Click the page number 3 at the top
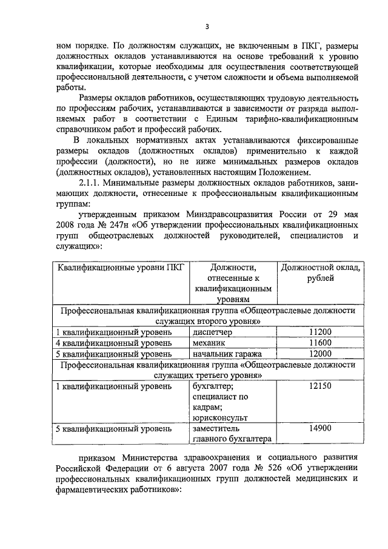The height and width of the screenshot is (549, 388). pyautogui.click(x=207, y=26)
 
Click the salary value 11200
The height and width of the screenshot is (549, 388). pyautogui.click(x=319, y=332)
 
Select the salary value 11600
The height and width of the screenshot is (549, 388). pyautogui.click(x=319, y=343)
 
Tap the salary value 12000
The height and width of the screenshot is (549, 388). pyautogui.click(x=319, y=354)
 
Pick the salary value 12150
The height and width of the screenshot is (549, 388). pyautogui.click(x=319, y=386)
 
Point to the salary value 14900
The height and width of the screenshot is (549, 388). pyautogui.click(x=319, y=429)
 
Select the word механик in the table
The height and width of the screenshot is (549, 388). pyautogui.click(x=209, y=343)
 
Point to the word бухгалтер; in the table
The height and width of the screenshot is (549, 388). pyautogui.click(x=213, y=386)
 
